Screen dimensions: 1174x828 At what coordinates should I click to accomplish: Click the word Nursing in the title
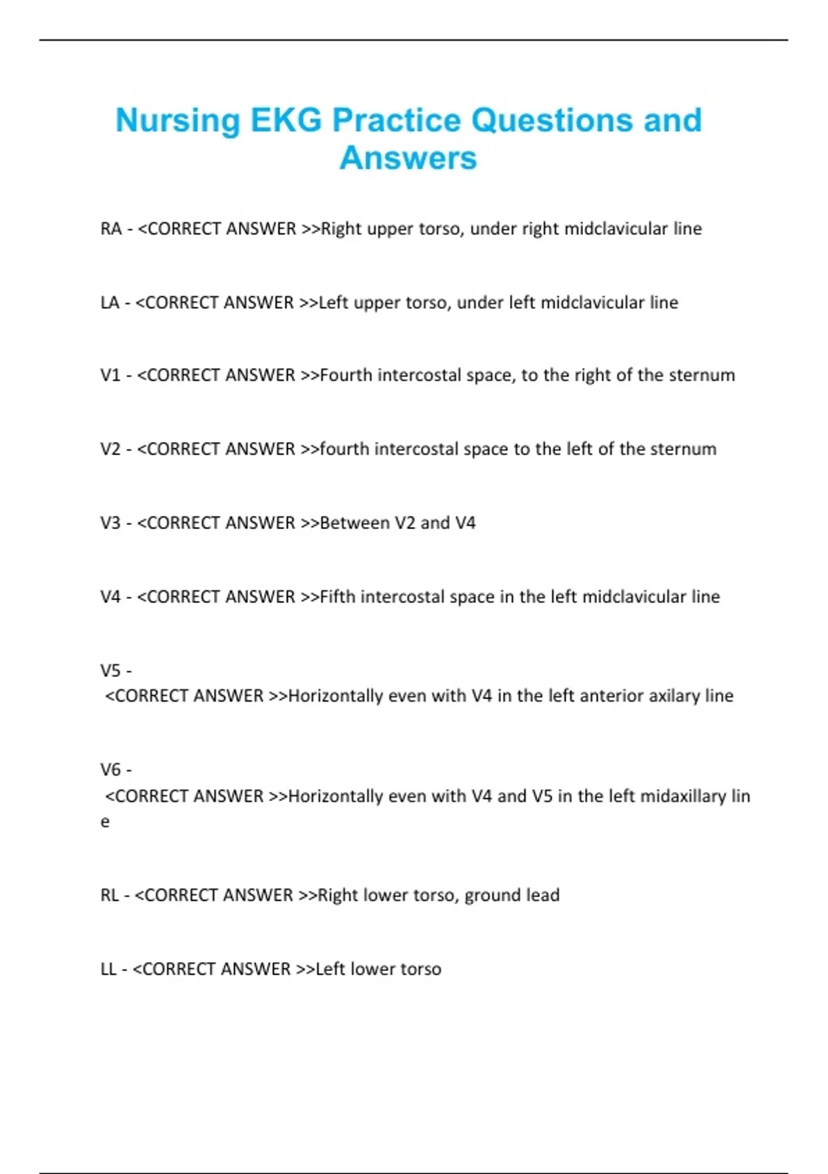click(177, 121)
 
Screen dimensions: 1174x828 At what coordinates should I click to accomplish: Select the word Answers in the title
click(408, 158)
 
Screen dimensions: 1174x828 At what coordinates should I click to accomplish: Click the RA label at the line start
click(110, 229)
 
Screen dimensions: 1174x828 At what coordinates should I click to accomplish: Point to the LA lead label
click(110, 302)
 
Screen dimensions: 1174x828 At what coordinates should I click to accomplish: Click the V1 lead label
click(110, 375)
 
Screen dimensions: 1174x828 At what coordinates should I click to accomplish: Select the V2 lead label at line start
click(110, 449)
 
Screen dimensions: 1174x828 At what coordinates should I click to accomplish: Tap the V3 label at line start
click(110, 523)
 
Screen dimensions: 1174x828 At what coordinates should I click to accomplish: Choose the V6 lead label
click(110, 769)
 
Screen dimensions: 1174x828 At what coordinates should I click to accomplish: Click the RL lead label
click(110, 895)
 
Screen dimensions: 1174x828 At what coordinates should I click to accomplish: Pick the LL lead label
click(108, 969)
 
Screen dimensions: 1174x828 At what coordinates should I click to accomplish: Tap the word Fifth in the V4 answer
click(337, 597)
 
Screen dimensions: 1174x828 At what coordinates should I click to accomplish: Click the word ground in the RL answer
click(492, 896)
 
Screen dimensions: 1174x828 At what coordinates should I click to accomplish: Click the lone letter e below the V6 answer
click(105, 822)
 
